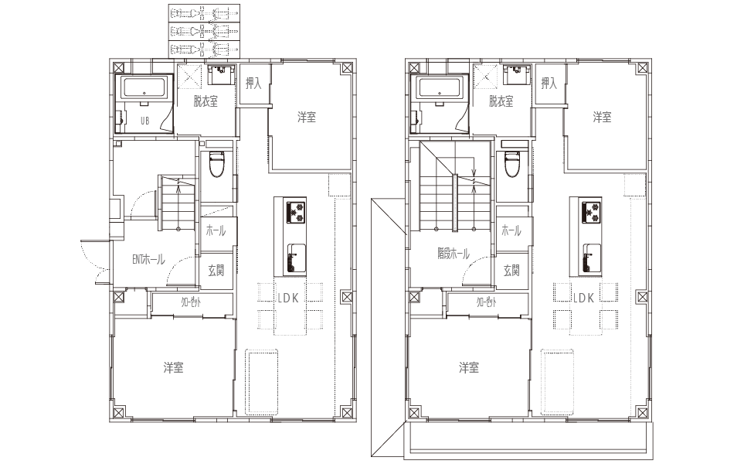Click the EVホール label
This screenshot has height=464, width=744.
click(148, 261)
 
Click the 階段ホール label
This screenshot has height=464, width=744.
click(454, 254)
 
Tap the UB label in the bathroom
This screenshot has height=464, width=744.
click(144, 121)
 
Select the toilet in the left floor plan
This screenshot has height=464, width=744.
click(216, 164)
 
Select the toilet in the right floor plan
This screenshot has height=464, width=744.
click(512, 164)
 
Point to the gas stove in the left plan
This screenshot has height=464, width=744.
click(295, 211)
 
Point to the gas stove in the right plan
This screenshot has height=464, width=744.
click(591, 211)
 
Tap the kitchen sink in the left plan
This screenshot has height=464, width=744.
click(295, 258)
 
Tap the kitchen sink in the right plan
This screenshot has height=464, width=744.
click(591, 258)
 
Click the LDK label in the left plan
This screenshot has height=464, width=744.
click(290, 298)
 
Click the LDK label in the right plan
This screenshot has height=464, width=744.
click(584, 298)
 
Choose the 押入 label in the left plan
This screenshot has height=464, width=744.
click(253, 84)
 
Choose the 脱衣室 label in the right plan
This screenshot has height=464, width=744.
click(501, 101)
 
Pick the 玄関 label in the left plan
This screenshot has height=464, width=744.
click(216, 271)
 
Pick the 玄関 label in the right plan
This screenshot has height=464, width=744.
click(511, 271)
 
